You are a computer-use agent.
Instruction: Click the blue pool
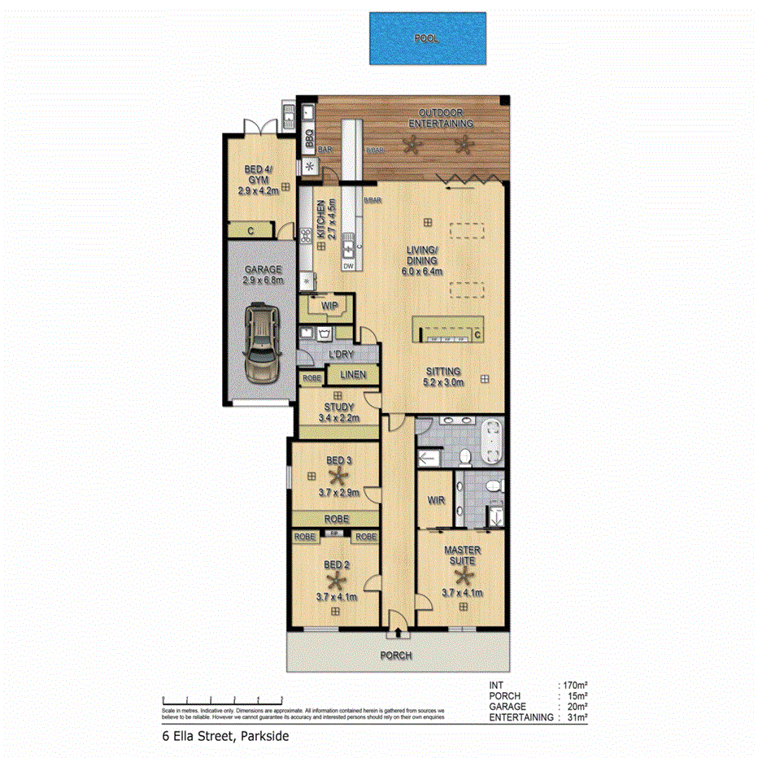(427, 38)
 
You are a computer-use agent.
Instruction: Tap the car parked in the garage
(262, 344)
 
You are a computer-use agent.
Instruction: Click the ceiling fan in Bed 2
(334, 579)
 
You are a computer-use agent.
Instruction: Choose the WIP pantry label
(329, 305)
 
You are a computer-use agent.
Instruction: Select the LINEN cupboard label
(351, 375)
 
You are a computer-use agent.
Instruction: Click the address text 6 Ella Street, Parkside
(224, 736)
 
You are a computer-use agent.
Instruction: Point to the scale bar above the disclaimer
(222, 699)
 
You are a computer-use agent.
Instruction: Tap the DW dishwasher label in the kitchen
(348, 266)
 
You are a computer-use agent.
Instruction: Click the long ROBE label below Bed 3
(335, 517)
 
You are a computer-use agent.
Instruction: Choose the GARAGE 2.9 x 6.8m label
(262, 275)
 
